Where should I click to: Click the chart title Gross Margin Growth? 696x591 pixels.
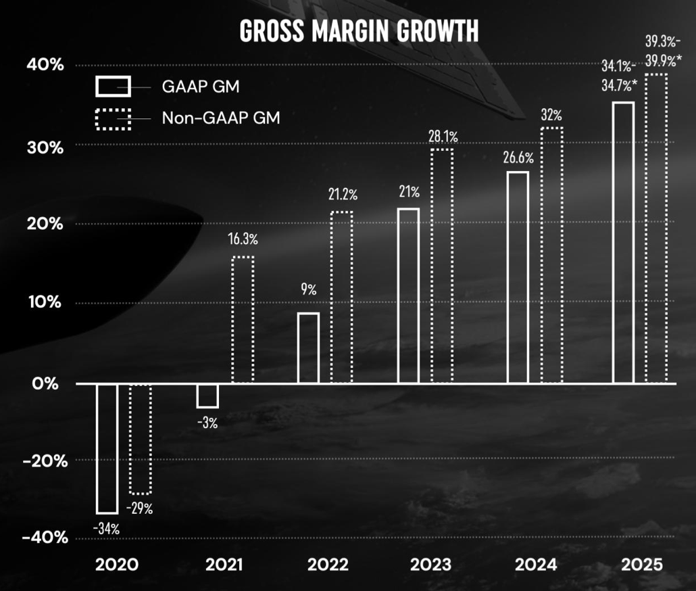pos(359,31)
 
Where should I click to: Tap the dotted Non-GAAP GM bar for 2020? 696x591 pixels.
pos(141,439)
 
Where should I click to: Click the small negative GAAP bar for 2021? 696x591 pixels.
pos(207,396)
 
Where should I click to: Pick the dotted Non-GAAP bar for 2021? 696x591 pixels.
pos(243,320)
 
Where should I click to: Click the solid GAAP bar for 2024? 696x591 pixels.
pos(518,277)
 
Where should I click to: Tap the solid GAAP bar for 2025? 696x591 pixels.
pos(622,243)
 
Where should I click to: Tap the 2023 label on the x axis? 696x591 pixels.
pos(432,565)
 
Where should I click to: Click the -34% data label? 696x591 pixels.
pos(106,529)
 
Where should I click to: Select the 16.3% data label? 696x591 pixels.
pos(243,239)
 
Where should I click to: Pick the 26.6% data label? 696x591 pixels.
pos(518,158)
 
